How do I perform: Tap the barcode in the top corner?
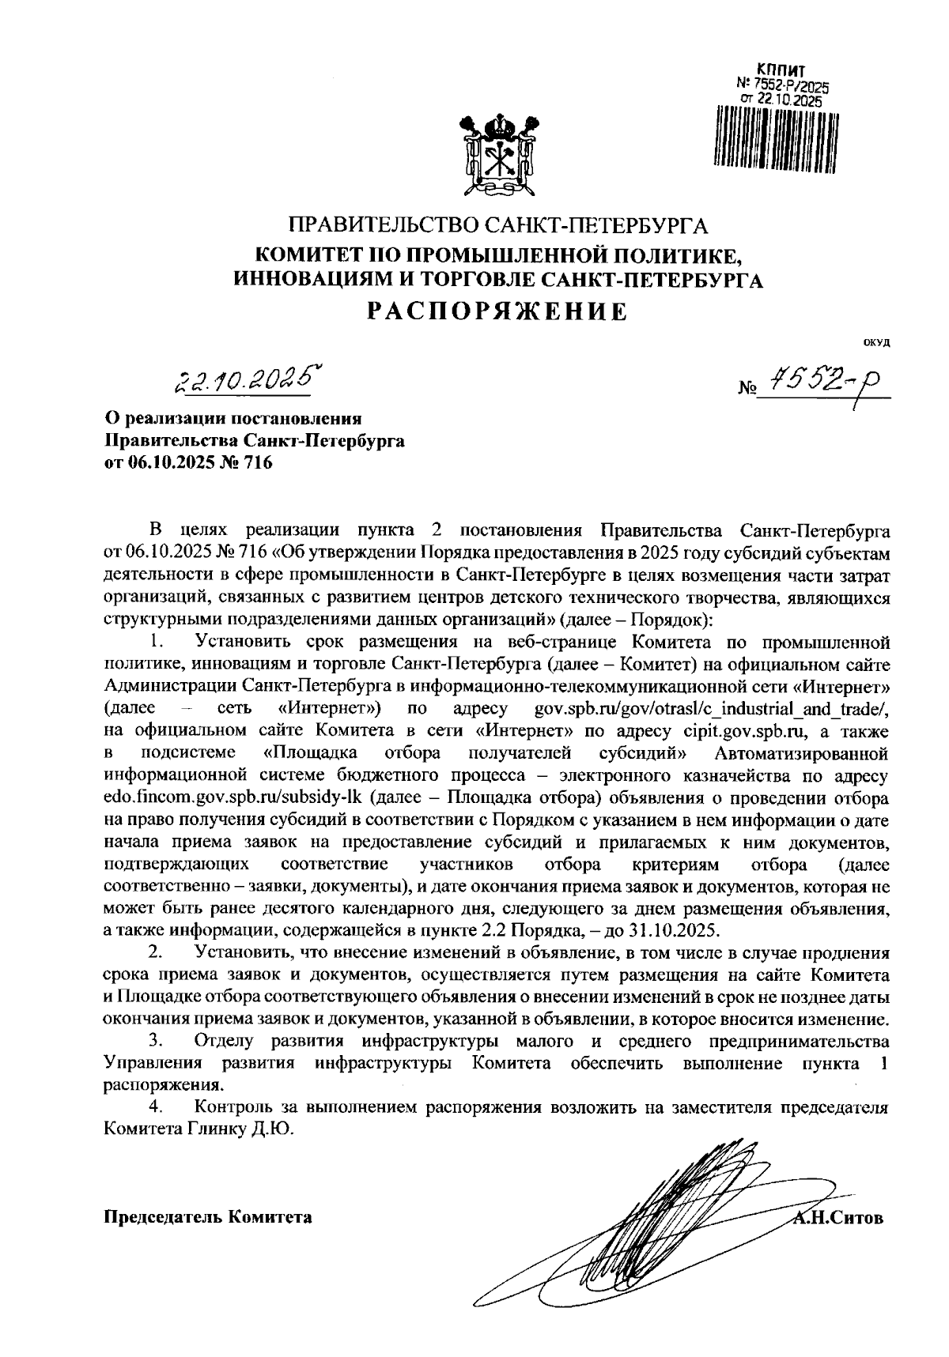775,138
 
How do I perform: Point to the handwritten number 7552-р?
822,384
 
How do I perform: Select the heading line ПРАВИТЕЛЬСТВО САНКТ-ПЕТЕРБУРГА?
497,227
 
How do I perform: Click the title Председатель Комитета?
208,1216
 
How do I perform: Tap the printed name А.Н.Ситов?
838,1216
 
